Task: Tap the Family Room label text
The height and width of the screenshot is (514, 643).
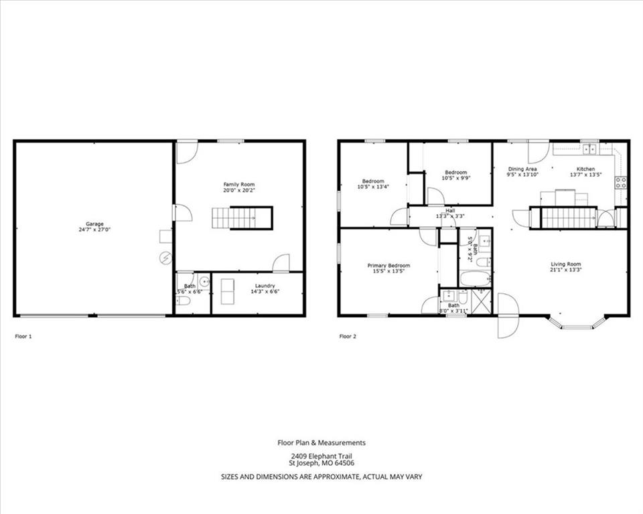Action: pos(239,184)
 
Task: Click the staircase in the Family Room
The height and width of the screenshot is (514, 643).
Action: pos(242,218)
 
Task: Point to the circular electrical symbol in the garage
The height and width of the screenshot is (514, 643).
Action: pos(165,257)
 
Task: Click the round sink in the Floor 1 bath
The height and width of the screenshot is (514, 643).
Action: pos(204,282)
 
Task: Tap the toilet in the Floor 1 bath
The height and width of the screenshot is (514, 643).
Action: pos(183,301)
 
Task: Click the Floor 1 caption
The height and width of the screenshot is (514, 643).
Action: pos(23,336)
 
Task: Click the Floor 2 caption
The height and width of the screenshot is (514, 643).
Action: pos(348,336)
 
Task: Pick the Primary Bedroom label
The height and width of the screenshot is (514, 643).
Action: pos(388,265)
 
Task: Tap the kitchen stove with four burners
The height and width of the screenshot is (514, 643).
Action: pos(621,181)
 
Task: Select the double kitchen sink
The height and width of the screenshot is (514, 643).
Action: pos(589,149)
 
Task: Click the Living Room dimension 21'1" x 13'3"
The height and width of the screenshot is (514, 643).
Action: pos(566,270)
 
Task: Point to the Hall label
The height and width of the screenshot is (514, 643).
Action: pos(450,209)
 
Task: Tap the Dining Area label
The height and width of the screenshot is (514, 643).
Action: pos(522,169)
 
